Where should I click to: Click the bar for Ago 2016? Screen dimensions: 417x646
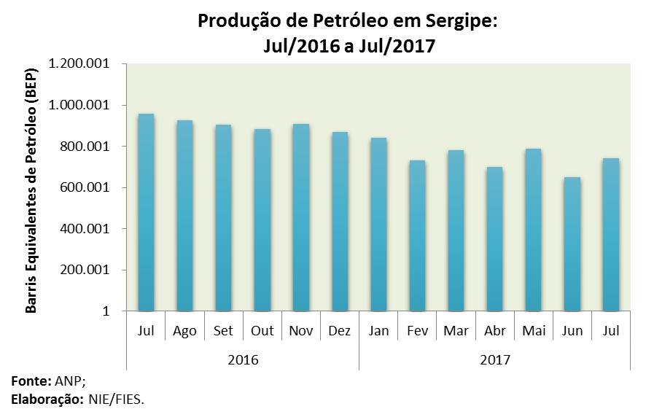pos(184,216)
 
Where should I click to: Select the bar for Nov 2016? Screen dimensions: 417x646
pos(300,217)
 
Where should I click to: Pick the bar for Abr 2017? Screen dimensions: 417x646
pos(494,239)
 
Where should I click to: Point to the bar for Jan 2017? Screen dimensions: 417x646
pos(378,225)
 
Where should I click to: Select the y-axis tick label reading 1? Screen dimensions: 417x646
pos(106,311)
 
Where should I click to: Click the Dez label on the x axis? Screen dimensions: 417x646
pos(339,331)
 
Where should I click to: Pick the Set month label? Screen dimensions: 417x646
pos(223,331)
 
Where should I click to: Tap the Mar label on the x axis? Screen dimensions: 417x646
pos(456,331)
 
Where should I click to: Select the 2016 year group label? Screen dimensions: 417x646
pos(243,360)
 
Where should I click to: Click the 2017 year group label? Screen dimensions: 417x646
pos(495,360)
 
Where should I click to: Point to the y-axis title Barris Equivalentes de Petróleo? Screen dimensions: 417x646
pos(31,188)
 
